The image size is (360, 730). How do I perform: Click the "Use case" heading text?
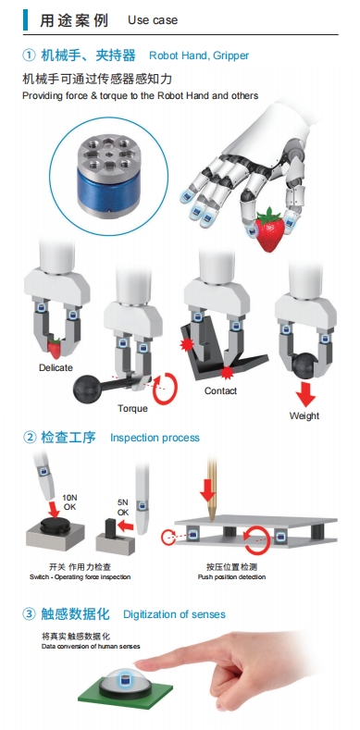point(153,20)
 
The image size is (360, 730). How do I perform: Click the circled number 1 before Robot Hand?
point(29,56)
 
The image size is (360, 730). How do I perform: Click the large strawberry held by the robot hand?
point(268,229)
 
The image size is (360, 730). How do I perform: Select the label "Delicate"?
point(56,367)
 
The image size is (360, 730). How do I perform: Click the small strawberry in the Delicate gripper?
point(55,348)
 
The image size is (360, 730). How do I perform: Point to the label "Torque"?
point(132,408)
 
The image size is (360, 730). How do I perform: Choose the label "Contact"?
point(221,390)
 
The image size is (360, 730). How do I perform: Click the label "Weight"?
point(304,415)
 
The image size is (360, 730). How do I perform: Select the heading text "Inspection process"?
point(155,438)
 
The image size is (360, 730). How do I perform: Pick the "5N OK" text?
point(123,507)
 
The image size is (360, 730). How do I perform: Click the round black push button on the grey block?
point(56,526)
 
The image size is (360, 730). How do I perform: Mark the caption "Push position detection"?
point(232,576)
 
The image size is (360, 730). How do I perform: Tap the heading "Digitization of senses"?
point(174,614)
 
